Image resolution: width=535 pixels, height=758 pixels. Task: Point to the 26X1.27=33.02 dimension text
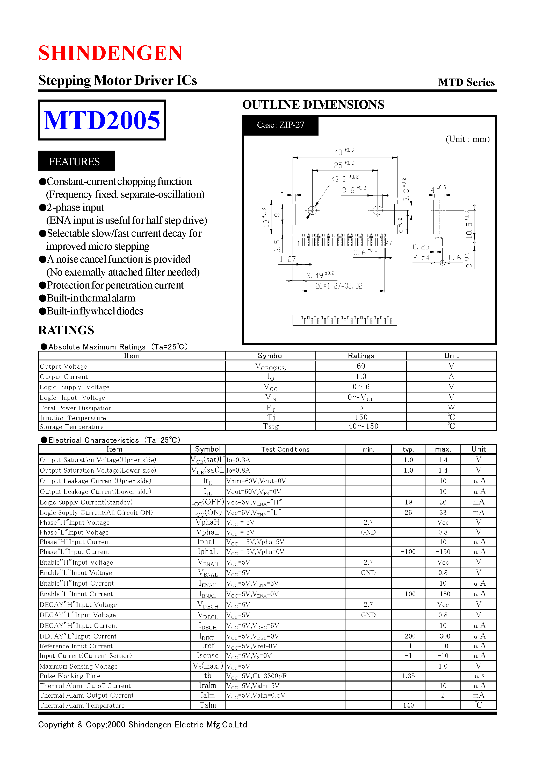click(x=338, y=286)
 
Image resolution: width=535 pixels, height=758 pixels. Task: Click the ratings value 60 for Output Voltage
click(x=361, y=366)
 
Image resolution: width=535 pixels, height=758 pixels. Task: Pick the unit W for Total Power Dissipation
click(x=451, y=408)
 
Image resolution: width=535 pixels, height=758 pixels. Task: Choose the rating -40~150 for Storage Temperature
click(x=361, y=426)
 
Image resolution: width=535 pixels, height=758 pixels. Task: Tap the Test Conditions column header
click(x=285, y=449)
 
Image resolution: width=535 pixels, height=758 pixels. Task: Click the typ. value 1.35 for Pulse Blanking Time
click(x=408, y=676)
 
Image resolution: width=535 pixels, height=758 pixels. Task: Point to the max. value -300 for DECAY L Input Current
click(x=443, y=636)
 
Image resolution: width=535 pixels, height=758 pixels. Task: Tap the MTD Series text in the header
click(x=466, y=82)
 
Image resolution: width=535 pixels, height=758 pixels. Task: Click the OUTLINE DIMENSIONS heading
click(x=313, y=105)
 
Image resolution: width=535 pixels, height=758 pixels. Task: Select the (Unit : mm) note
click(x=467, y=139)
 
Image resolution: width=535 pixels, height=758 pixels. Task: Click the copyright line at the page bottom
click(x=142, y=725)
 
